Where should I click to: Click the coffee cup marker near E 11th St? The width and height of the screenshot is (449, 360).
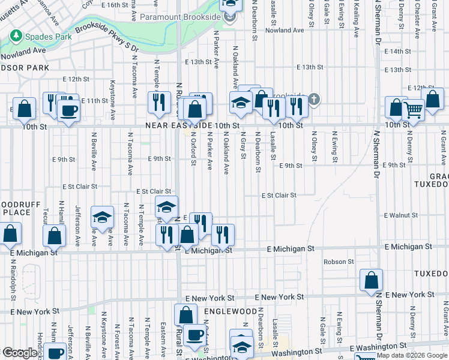(68, 111)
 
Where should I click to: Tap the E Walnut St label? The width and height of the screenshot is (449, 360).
(400, 215)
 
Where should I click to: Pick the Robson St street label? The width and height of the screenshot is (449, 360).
(339, 262)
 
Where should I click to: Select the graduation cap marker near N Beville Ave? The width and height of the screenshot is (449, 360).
(102, 218)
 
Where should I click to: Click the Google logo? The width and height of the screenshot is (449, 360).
(20, 353)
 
